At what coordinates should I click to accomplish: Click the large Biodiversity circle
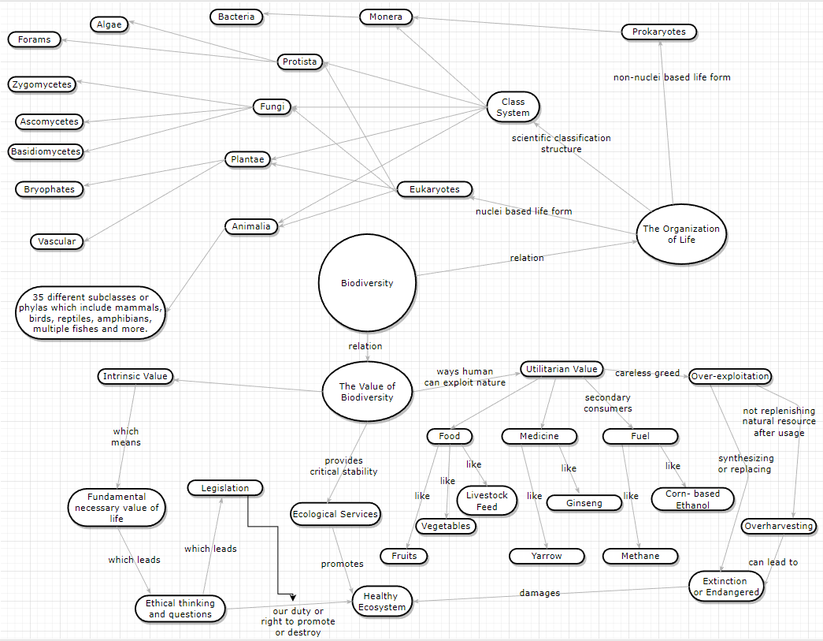point(366,283)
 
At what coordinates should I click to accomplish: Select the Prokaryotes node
point(658,32)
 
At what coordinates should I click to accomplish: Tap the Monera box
point(385,17)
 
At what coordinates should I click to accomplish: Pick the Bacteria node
point(236,17)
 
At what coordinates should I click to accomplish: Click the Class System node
point(513,107)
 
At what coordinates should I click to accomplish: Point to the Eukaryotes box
point(434,189)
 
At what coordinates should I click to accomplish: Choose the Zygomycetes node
point(42,84)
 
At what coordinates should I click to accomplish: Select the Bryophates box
point(49,189)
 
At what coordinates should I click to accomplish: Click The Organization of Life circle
point(681,234)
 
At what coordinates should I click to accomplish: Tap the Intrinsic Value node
point(135,376)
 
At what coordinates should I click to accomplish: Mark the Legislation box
point(224,488)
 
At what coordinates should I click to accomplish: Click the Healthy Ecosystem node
point(382,602)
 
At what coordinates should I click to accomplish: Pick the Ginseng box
point(584,503)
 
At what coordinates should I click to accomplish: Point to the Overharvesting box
point(778,526)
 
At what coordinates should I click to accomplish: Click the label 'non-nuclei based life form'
point(672,77)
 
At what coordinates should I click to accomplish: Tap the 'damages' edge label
point(539,593)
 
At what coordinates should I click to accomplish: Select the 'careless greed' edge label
point(647,373)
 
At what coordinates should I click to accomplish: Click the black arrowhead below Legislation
point(292,598)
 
